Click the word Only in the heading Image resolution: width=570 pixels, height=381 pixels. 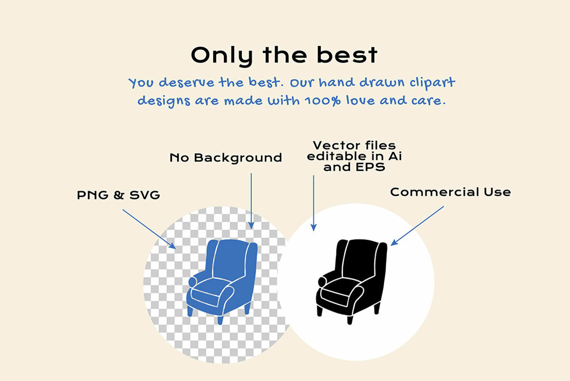click(222, 56)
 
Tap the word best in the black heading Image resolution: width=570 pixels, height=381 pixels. click(347, 55)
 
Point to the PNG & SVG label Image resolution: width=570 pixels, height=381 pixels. click(118, 195)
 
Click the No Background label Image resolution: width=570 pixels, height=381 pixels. click(226, 158)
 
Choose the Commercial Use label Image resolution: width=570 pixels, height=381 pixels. click(451, 192)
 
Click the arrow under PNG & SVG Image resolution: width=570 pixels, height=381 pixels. click(149, 229)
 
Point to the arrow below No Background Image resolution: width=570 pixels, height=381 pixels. click(251, 201)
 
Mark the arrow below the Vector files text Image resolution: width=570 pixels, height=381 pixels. click(313, 203)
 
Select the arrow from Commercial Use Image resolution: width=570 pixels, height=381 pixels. click(417, 226)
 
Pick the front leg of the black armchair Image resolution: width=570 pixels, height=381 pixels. click(350, 319)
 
